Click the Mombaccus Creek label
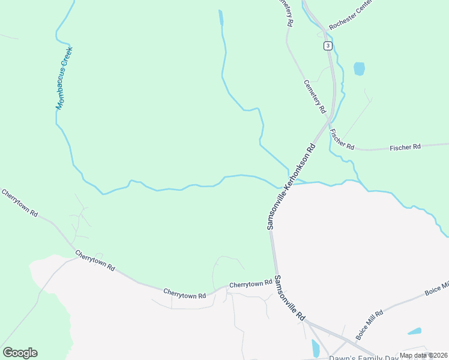64,79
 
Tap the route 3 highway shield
327,46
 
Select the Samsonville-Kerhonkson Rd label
291,187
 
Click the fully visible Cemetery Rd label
315,97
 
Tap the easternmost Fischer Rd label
406,147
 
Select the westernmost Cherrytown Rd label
20,203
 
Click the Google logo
20,353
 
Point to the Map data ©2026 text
423,355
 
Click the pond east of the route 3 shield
359,68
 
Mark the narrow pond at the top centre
221,17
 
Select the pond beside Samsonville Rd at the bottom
316,349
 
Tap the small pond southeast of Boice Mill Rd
414,331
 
